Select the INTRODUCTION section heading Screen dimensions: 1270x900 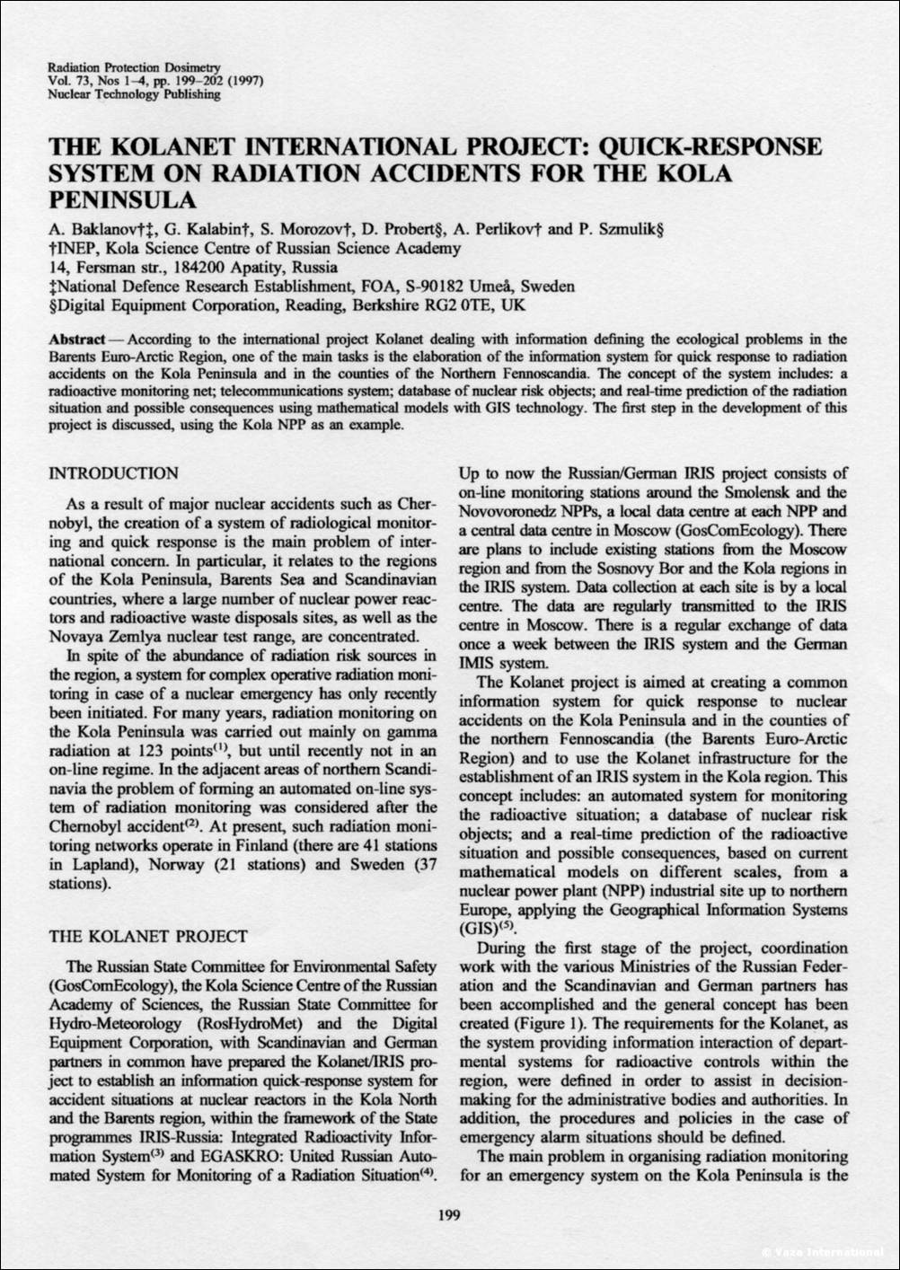[113, 473]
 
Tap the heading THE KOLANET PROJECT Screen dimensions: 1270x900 [147, 937]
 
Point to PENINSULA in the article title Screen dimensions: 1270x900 [122, 197]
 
